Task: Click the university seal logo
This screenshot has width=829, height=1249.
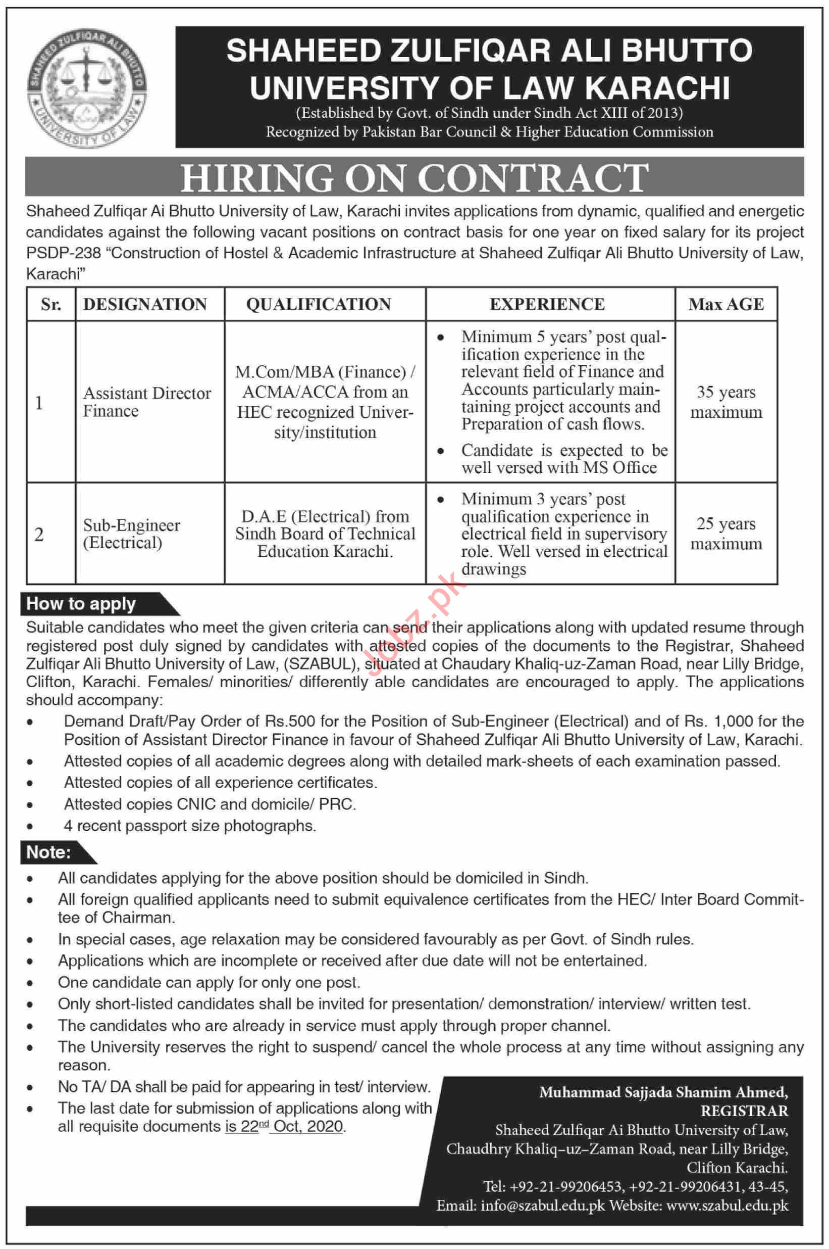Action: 87,87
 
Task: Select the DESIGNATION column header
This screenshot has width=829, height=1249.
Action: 145,304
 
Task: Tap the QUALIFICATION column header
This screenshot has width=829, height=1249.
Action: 319,304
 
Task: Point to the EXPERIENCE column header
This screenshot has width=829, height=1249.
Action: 547,304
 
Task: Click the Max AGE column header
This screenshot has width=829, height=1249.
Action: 726,304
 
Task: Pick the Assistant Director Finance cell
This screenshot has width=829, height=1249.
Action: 146,402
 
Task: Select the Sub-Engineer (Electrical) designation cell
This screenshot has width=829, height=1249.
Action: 131,534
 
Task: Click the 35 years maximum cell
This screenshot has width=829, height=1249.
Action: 726,402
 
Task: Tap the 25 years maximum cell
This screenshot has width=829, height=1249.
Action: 726,533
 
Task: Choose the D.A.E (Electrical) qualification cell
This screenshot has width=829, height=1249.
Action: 325,534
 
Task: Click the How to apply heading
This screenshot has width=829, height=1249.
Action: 81,604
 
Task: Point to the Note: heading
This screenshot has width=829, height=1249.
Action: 48,852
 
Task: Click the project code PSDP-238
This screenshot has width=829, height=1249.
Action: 64,253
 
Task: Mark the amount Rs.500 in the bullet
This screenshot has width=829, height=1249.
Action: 290,722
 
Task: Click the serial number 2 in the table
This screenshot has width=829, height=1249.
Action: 39,534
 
